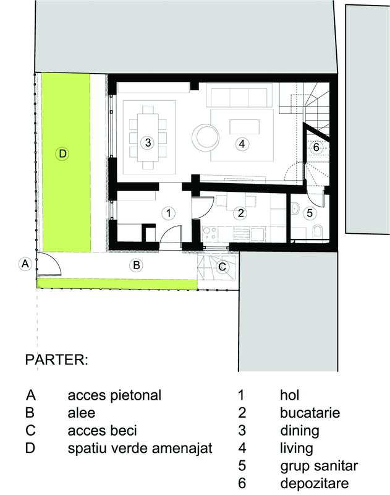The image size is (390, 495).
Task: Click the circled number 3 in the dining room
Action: (148, 143)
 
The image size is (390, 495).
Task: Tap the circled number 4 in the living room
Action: (242, 144)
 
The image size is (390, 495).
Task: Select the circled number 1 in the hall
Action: (168, 213)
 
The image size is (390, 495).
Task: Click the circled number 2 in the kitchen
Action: (240, 213)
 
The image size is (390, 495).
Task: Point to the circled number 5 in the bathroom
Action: (310, 213)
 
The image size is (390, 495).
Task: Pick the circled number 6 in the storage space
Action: (316, 147)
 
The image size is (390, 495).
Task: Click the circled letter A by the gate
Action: (25, 264)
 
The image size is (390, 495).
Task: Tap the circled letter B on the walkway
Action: (136, 265)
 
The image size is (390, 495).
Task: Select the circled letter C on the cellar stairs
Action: (223, 267)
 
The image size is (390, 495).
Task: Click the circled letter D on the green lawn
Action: (62, 153)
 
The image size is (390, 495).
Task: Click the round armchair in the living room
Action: (205, 137)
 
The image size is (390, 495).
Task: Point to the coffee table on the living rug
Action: (245, 127)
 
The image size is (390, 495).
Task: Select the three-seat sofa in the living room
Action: (239, 95)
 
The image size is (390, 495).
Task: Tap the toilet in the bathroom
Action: (318, 231)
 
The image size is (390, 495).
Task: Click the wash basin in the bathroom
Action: (295, 209)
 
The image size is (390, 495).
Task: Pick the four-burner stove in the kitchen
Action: (210, 233)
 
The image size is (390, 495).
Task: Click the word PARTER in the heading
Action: (56, 359)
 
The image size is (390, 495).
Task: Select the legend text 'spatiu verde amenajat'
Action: (140, 448)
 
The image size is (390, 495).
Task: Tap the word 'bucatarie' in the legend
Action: (310, 413)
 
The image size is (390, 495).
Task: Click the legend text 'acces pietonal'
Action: (114, 395)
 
